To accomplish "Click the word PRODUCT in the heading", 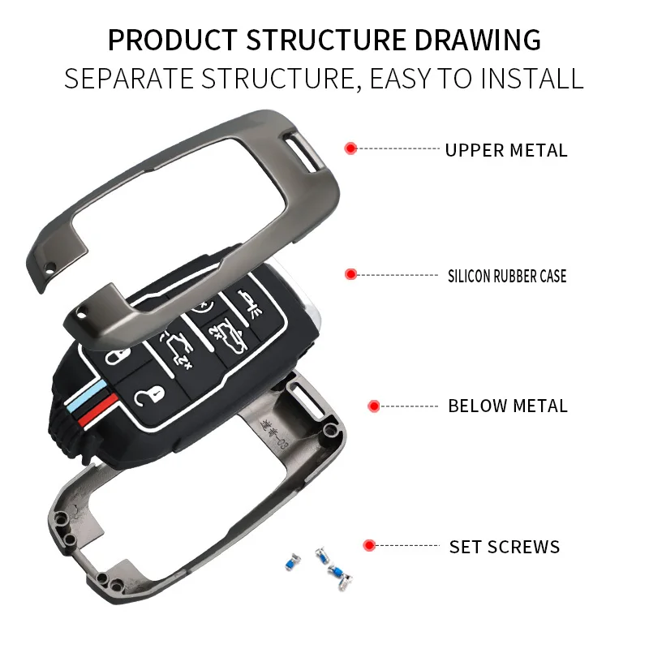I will pyautogui.click(x=172, y=39).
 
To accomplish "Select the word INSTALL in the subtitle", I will pyautogui.click(x=532, y=79).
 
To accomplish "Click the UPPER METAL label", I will pyautogui.click(x=506, y=150).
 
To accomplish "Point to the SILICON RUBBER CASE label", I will pyautogui.click(x=507, y=276).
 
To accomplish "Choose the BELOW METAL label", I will pyautogui.click(x=508, y=406).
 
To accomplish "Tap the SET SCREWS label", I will pyautogui.click(x=505, y=547).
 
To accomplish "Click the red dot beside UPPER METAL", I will pyautogui.click(x=350, y=148).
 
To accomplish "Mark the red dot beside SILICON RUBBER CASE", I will pyautogui.click(x=350, y=275).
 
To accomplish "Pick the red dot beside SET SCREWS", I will pyautogui.click(x=369, y=545).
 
